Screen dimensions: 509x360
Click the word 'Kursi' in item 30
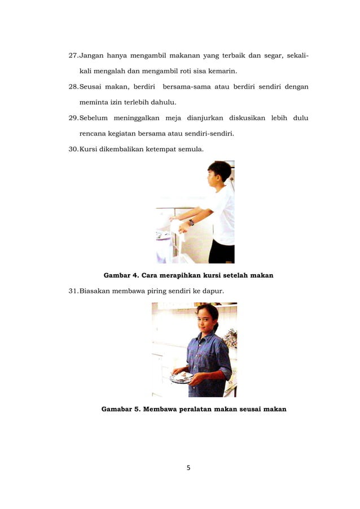pyautogui.click(x=89, y=149)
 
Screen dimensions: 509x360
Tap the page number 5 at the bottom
pyautogui.click(x=188, y=467)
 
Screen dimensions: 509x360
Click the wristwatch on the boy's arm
pyautogui.click(x=191, y=222)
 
